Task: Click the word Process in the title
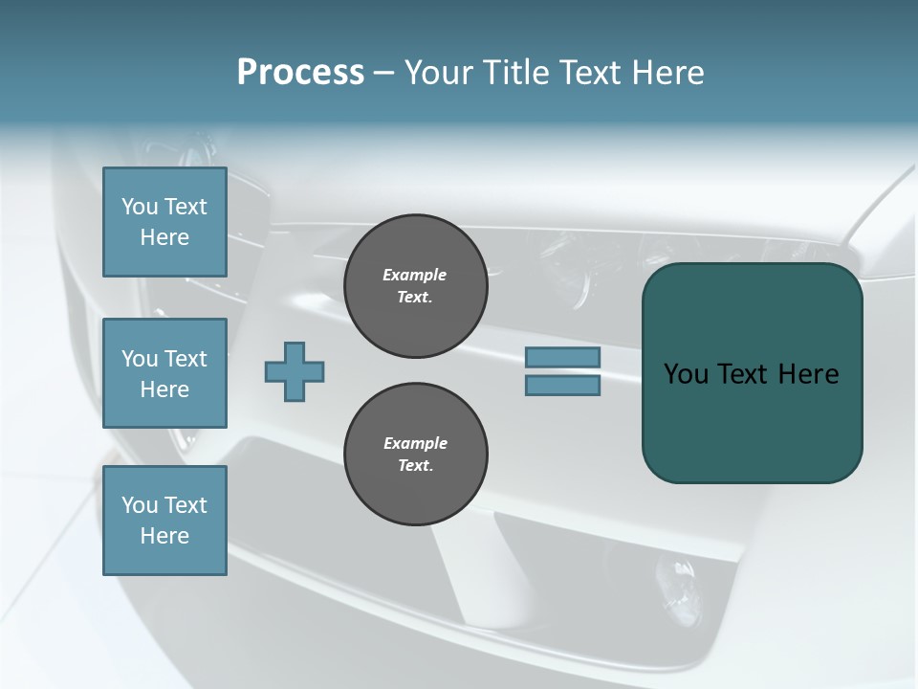[x=300, y=73]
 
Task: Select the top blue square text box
[x=164, y=222]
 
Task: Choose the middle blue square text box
[x=164, y=373]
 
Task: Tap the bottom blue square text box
[x=164, y=521]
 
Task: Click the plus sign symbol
[x=295, y=371]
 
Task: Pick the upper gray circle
[x=415, y=286]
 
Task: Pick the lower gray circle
[x=415, y=455]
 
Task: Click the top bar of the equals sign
[x=562, y=358]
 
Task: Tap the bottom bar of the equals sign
[x=562, y=386]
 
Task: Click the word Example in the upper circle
[x=414, y=275]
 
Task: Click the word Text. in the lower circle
[x=415, y=466]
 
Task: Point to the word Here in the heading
[x=667, y=73]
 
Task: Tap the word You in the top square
[x=140, y=207]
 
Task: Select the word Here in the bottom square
[x=164, y=536]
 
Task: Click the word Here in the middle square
[x=164, y=389]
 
